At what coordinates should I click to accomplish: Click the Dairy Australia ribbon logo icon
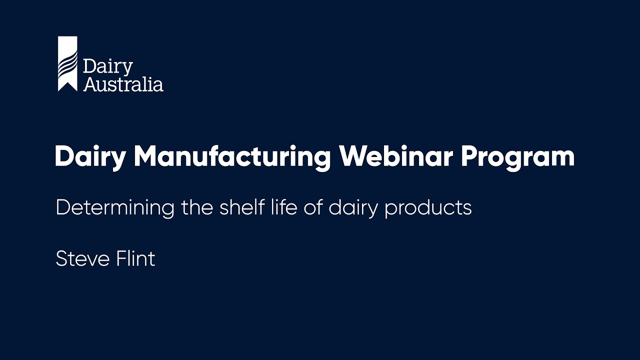(x=67, y=63)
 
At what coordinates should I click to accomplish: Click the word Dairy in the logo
(x=107, y=67)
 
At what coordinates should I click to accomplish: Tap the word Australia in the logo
(x=123, y=83)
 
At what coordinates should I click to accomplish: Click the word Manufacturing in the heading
(x=232, y=156)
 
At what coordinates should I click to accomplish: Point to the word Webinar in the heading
(x=395, y=156)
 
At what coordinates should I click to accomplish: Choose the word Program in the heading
(x=517, y=156)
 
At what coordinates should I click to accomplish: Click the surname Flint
(x=136, y=259)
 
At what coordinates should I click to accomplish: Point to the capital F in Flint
(x=122, y=259)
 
